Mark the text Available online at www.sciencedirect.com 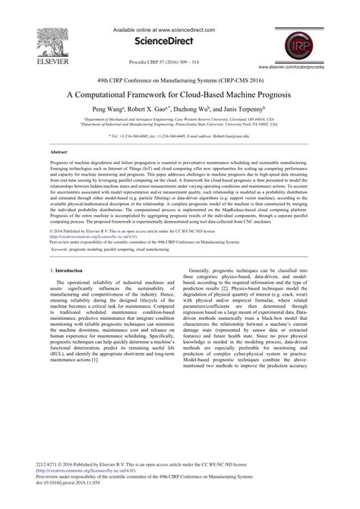pos(178,30)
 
